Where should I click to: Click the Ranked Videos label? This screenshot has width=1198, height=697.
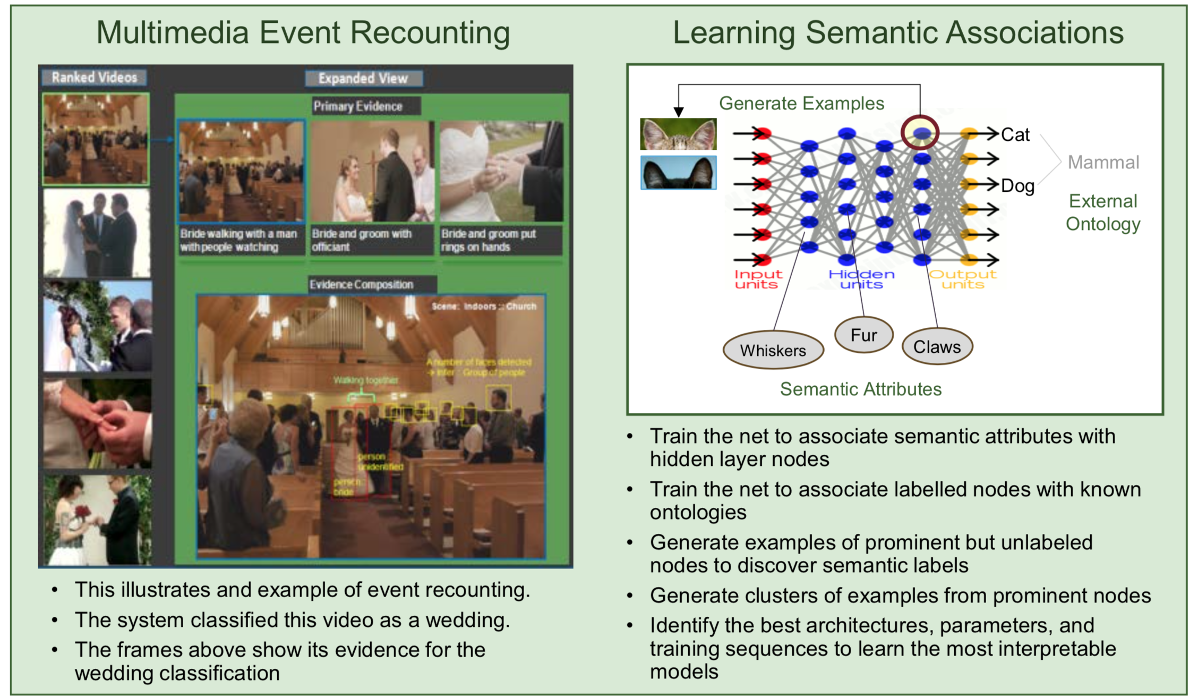[94, 78]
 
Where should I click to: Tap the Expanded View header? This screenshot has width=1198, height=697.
[363, 79]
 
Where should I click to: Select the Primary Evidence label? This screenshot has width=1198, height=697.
[358, 106]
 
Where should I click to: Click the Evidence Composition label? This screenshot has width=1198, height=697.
[362, 285]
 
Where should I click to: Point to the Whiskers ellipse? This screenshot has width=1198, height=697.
[773, 350]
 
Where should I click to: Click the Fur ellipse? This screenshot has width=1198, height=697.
[863, 335]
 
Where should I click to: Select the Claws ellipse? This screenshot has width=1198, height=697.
[937, 347]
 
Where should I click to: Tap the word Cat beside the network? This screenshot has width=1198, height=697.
[1015, 135]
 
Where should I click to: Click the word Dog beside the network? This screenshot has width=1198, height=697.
[1017, 186]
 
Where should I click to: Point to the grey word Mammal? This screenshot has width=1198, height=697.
[1103, 162]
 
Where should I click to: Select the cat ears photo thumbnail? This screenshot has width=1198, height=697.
[678, 134]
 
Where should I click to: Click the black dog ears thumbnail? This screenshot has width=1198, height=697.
[678, 173]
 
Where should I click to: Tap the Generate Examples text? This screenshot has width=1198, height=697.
[801, 103]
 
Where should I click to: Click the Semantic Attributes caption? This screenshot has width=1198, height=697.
[860, 389]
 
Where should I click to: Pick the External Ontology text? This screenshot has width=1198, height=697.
[1103, 212]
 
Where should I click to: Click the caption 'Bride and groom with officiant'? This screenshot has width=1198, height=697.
[362, 240]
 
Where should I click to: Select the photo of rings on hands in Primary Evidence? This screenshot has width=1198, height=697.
[501, 171]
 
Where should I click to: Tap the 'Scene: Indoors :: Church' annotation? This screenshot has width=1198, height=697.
[484, 307]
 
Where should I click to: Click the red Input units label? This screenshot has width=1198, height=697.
[758, 279]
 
